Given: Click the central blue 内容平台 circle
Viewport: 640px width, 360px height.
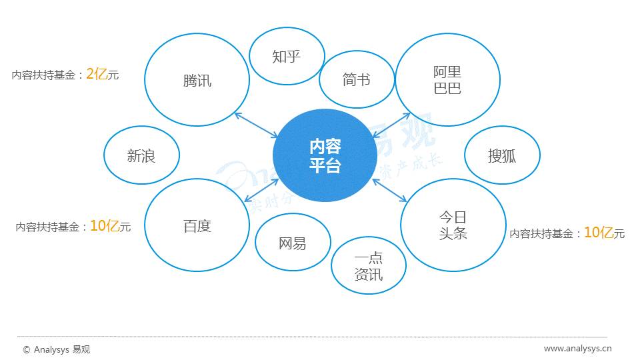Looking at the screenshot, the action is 325,156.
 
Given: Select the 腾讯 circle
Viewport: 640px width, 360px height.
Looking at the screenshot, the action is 197,80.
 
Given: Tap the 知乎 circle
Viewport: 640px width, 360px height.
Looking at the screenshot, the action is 287,56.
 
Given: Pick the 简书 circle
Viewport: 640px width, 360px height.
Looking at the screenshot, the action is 357,80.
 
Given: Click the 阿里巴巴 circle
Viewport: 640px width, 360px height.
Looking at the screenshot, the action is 447,80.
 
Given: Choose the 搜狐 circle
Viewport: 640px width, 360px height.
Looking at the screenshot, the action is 502,156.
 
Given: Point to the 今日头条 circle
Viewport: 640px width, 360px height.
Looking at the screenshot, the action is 453,225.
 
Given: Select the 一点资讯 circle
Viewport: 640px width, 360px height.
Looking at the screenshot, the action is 369,266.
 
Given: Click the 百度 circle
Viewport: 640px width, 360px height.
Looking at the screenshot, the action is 197,225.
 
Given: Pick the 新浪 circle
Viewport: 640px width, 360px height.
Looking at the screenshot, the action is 141,156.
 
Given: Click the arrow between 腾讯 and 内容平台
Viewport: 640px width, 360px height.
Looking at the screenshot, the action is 257,125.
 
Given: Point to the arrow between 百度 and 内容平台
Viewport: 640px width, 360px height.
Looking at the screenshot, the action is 261,190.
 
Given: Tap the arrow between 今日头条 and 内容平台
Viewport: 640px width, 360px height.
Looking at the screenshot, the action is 391,190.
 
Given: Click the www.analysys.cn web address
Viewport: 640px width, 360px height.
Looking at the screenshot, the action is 577,348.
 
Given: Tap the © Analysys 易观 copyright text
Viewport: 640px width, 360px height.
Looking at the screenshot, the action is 56,349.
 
